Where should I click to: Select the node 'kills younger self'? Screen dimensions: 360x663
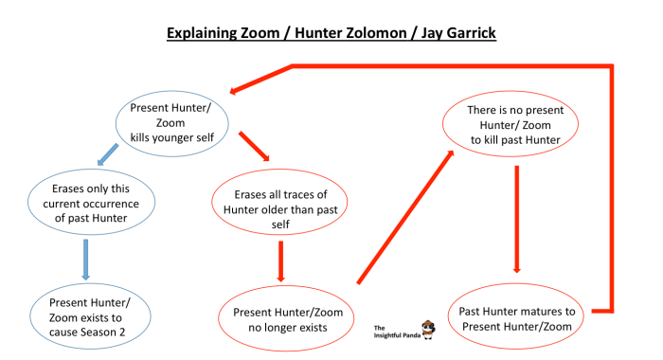174,120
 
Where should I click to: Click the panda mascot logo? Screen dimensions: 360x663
429,328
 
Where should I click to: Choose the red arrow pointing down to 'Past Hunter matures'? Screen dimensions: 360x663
516,219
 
